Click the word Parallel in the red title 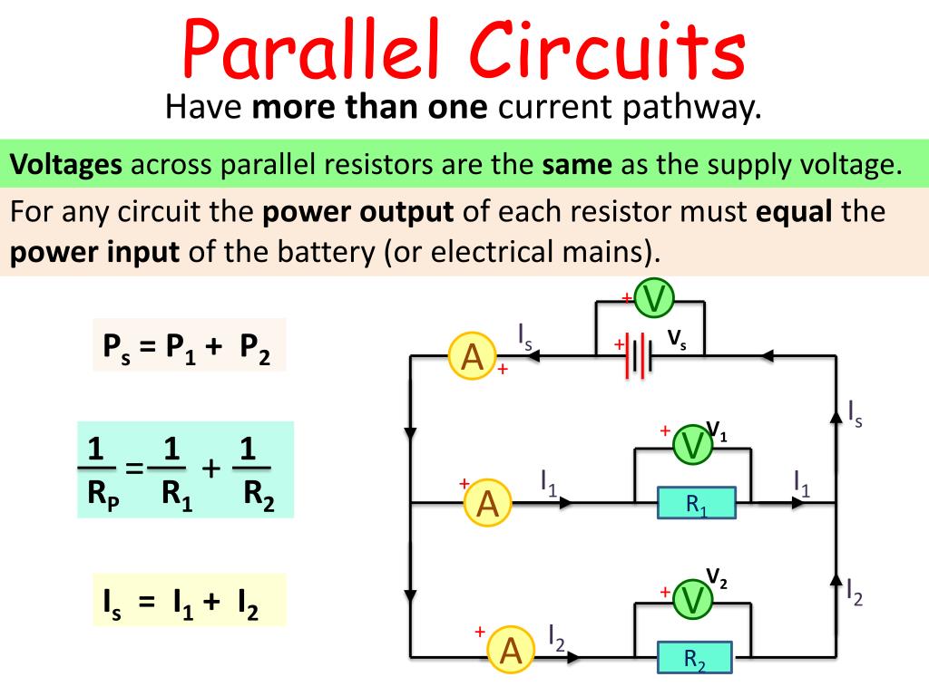[x=314, y=50]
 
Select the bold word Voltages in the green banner [x=66, y=165]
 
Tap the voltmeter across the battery [x=653, y=298]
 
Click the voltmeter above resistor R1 [x=693, y=445]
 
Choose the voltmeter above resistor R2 [x=694, y=599]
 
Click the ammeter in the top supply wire [x=472, y=357]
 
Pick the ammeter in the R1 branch [x=487, y=503]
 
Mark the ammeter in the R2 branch [x=510, y=650]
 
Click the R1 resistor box [x=697, y=504]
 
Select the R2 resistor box [x=695, y=658]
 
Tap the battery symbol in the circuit [x=639, y=355]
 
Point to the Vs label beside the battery [x=677, y=340]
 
